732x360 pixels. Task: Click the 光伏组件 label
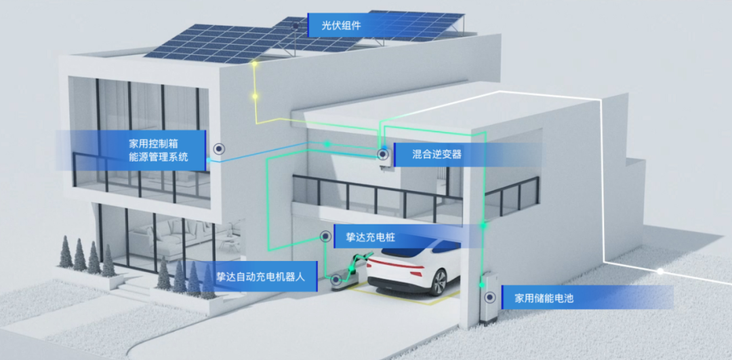342,26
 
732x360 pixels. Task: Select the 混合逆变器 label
436,155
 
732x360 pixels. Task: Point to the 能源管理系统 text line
157,161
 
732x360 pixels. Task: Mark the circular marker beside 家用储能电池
488,297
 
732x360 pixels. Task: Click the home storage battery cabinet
487,298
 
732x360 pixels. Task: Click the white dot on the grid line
661,271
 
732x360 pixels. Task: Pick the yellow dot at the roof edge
254,64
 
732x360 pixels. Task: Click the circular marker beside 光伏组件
296,26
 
